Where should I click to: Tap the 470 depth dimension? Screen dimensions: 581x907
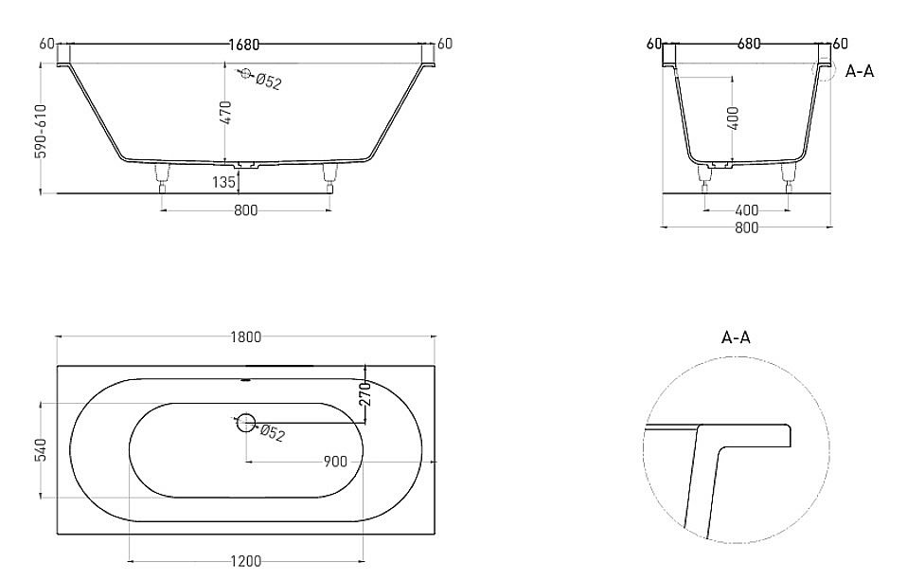point(226,114)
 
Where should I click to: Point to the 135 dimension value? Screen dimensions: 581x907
point(224,183)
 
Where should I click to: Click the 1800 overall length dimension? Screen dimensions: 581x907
point(244,336)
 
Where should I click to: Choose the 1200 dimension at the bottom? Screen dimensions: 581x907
point(244,562)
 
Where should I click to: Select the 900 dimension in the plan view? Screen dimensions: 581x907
point(334,462)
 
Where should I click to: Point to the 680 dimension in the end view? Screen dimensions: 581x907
point(748,45)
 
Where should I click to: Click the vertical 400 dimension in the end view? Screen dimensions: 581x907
point(735,118)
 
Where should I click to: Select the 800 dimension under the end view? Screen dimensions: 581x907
point(746,227)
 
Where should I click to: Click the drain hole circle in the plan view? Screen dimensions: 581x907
point(246,423)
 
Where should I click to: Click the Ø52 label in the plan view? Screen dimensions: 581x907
point(272,434)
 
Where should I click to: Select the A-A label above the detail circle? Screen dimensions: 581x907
point(737,337)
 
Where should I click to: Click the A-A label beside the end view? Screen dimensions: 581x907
point(859,71)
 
